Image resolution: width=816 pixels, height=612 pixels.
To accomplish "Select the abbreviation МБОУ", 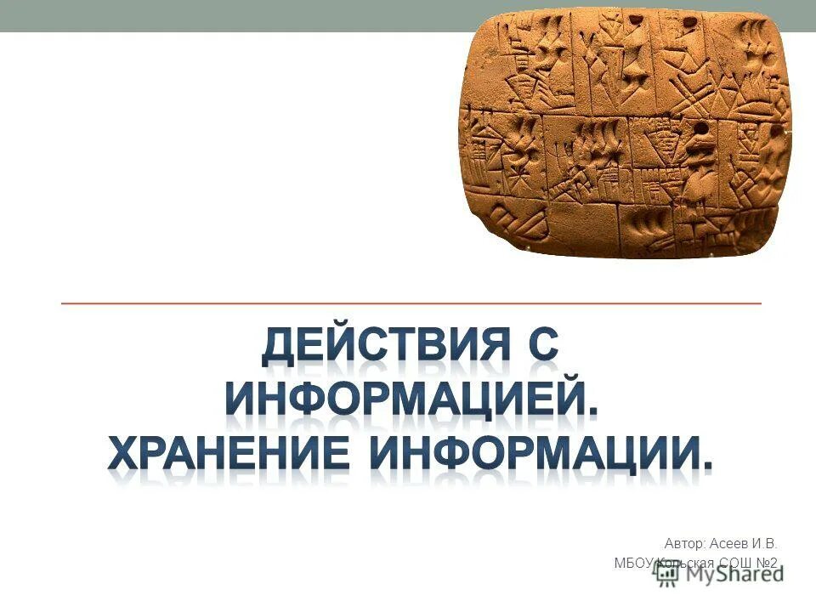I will pos(632,563).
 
